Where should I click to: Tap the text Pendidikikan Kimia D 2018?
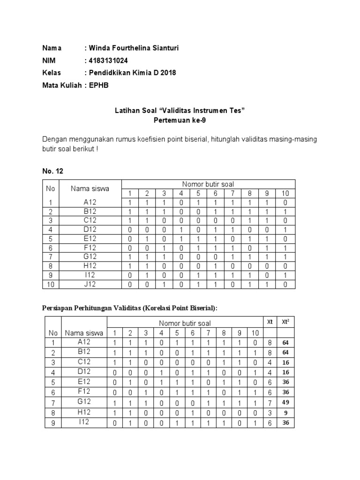point(132,73)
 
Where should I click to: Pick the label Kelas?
point(52,73)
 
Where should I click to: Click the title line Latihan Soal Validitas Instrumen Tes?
point(180,111)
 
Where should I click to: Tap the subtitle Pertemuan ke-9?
point(180,120)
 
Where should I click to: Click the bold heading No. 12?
point(52,171)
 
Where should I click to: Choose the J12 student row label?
point(90,284)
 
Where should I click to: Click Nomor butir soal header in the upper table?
point(208,184)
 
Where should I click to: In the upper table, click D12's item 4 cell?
point(181,230)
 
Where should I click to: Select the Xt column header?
point(270,322)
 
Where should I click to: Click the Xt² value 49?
point(285,403)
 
